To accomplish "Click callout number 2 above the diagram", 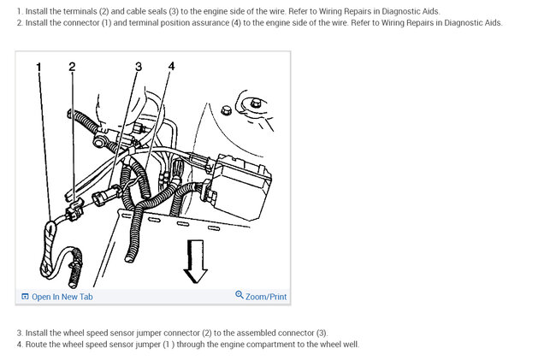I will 72,67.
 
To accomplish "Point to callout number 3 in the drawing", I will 139,67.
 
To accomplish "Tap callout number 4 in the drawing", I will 171,67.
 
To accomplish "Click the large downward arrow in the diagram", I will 197,261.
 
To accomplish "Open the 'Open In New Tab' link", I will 62,297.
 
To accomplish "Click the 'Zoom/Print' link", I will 266,297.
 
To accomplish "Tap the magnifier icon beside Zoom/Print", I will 240,296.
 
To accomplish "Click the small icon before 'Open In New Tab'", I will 25,297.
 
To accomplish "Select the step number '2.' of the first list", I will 19,22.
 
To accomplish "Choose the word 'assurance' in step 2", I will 195,22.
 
